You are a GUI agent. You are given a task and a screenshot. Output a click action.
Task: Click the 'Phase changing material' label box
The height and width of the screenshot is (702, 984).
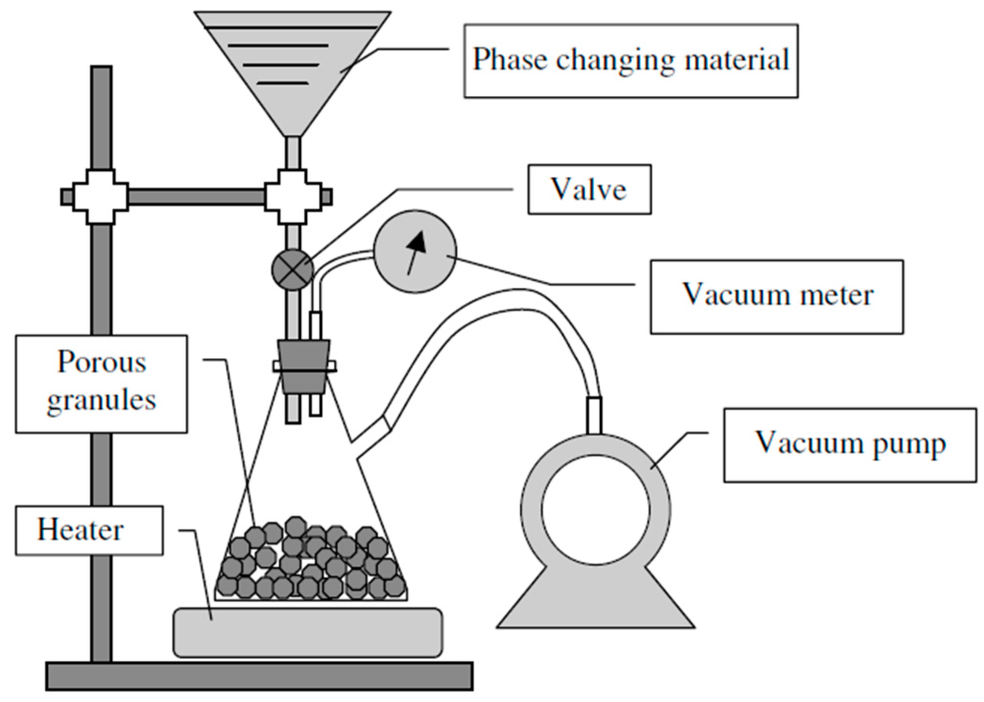630,61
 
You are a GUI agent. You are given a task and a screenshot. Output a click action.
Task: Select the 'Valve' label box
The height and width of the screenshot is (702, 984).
589,189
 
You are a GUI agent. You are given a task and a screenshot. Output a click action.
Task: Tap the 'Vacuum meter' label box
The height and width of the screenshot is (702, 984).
776,297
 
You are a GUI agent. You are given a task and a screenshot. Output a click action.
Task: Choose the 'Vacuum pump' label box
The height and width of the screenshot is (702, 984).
850,444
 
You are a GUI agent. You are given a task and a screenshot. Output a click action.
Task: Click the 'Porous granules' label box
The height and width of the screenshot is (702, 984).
101,384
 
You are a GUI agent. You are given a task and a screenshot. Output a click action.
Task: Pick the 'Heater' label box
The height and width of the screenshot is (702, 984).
89,530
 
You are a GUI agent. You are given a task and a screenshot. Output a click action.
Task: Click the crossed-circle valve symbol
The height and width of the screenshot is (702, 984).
293,269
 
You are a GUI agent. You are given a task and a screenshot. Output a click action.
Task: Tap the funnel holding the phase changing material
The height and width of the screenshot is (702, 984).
293,64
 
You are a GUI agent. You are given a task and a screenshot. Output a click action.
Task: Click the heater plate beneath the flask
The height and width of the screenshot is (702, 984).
308,633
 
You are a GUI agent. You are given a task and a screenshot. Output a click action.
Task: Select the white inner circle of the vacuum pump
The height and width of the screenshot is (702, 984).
595,509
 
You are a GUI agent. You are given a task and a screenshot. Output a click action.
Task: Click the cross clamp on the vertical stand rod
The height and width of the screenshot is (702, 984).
101,197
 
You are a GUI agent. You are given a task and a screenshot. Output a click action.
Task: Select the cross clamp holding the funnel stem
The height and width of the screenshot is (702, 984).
293,197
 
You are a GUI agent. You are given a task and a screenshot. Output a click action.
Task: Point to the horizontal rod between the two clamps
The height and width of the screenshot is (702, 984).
196,197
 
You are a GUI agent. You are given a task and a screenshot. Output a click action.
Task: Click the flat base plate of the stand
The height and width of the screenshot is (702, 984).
259,676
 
